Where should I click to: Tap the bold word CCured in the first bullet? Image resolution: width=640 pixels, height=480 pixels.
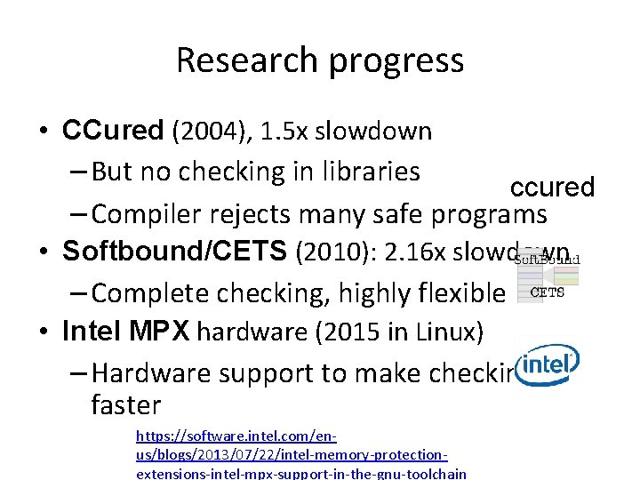pos(113,132)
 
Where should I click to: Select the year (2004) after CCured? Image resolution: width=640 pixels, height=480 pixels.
pos(214,132)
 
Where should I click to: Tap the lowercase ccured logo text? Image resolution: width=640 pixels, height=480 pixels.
pos(551,188)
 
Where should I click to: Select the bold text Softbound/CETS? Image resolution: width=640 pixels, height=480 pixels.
pos(175,252)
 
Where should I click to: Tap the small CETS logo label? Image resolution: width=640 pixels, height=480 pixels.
pos(547,292)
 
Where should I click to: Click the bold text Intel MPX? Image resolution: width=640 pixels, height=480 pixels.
pos(125,332)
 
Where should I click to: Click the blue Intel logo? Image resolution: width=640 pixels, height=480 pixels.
pos(548,364)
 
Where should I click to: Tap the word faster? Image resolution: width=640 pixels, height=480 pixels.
pos(126,405)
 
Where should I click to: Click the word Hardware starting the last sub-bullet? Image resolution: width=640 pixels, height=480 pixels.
pos(151,372)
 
